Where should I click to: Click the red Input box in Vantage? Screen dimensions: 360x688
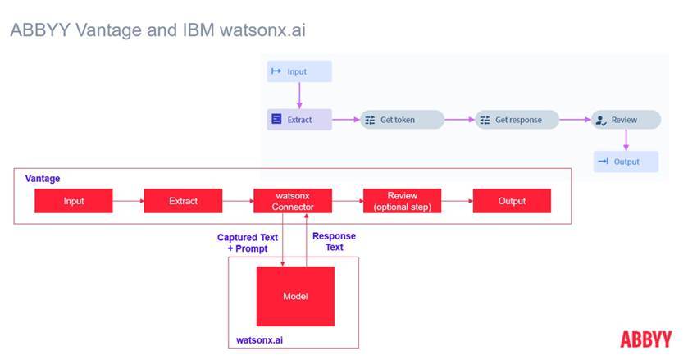(73, 201)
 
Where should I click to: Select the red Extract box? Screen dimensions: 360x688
(183, 201)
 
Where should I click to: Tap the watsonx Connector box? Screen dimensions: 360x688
(292, 201)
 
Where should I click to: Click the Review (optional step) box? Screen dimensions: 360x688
(402, 201)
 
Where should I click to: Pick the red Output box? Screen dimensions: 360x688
(511, 201)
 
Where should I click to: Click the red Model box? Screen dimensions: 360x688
(295, 296)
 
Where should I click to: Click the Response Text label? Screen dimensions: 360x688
(334, 242)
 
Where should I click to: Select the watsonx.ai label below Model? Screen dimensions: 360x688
(259, 338)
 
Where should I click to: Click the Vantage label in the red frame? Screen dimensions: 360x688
(42, 178)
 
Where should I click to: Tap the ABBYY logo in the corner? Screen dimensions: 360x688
(645, 339)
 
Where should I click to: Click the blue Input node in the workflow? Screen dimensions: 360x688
(299, 71)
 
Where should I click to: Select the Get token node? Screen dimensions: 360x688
(402, 120)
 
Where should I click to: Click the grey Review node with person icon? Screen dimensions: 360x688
(626, 120)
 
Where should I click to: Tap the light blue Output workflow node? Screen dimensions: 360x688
(626, 162)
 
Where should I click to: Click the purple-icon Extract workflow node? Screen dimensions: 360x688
(299, 120)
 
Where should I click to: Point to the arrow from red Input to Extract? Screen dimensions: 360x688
(127, 201)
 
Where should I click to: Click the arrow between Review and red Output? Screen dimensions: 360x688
(456, 201)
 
